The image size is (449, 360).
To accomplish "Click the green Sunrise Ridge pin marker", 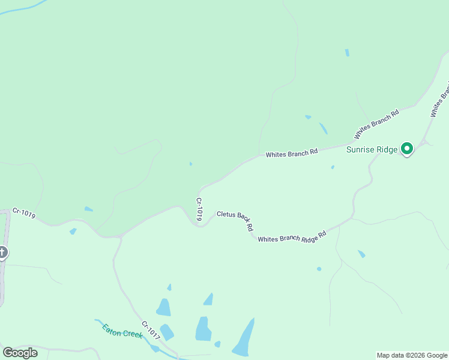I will [x=407, y=148].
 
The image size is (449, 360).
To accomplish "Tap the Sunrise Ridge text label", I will [x=372, y=149].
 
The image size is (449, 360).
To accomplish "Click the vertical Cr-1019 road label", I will [x=199, y=209].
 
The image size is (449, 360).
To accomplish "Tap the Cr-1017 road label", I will [x=151, y=329].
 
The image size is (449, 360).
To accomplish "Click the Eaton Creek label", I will [x=122, y=331].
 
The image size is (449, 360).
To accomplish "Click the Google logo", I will [x=20, y=352].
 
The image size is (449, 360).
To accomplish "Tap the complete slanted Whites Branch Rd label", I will [x=377, y=123].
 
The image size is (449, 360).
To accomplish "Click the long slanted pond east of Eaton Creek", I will [x=244, y=338].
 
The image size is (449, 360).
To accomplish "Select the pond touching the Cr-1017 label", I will [x=166, y=332].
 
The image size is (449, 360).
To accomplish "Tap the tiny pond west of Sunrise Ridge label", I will [x=333, y=167].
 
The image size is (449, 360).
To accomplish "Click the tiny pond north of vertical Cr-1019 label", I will [x=190, y=164].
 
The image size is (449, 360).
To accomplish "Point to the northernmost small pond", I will [x=347, y=53].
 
